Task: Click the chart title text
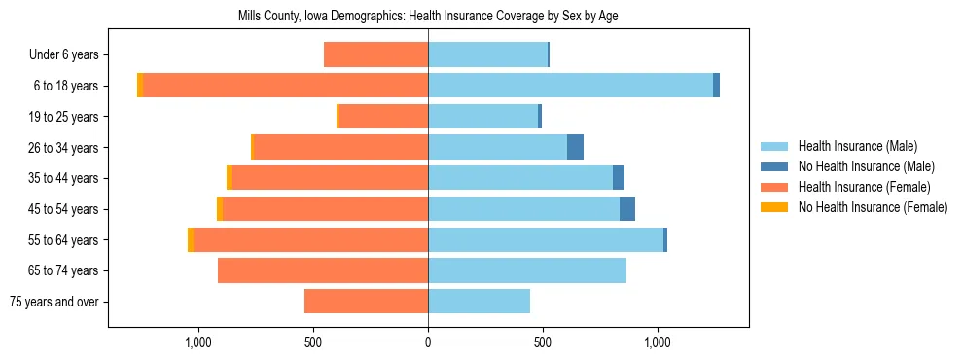tap(428, 17)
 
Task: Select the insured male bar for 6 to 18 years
tap(570, 86)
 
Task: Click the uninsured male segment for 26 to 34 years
tap(575, 147)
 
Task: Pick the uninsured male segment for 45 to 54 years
tap(627, 209)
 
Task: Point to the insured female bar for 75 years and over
tap(367, 302)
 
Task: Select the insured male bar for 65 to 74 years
tap(527, 270)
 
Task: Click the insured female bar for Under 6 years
tap(376, 54)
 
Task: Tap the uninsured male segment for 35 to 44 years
tap(619, 178)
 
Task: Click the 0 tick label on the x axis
tap(428, 343)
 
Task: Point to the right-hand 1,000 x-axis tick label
tap(658, 343)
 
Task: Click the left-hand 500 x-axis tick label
tap(313, 343)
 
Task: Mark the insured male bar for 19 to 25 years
tap(483, 117)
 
